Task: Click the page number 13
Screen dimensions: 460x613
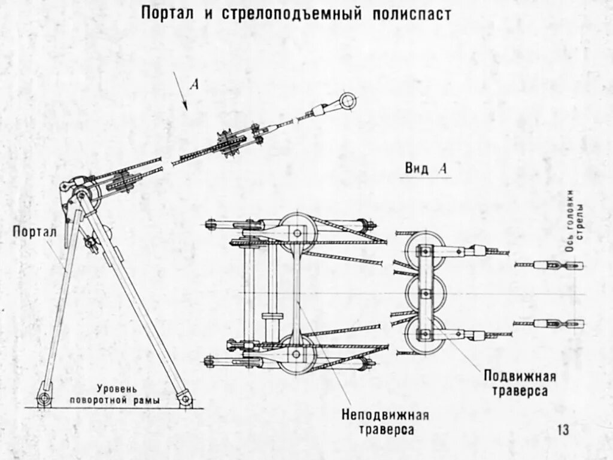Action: [x=563, y=429]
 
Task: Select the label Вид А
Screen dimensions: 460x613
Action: [x=425, y=169]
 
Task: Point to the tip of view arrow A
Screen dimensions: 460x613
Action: [x=186, y=109]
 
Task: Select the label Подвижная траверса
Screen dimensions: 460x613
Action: [x=520, y=383]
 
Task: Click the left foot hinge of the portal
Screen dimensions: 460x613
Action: [x=43, y=398]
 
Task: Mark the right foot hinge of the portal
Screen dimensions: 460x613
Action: [x=185, y=398]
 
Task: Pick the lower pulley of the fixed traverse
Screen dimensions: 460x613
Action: [x=296, y=355]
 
